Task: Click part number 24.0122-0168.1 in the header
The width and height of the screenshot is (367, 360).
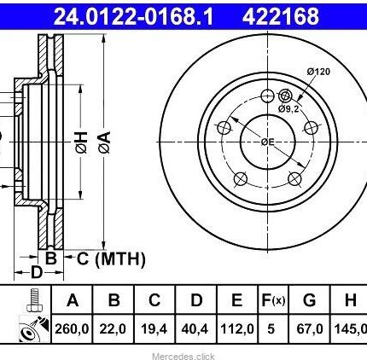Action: click(x=133, y=16)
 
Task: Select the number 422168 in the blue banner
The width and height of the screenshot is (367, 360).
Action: click(x=281, y=16)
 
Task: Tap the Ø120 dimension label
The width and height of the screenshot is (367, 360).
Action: click(x=318, y=72)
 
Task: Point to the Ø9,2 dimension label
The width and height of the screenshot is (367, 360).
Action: click(x=288, y=108)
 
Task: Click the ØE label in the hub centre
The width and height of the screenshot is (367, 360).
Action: click(x=268, y=142)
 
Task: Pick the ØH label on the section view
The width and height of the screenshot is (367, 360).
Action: click(x=82, y=142)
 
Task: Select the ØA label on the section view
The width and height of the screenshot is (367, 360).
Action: click(x=104, y=142)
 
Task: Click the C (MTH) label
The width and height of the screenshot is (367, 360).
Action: click(x=111, y=258)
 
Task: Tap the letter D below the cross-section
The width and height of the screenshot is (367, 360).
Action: click(x=37, y=272)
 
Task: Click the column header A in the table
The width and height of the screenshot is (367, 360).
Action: click(x=73, y=299)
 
